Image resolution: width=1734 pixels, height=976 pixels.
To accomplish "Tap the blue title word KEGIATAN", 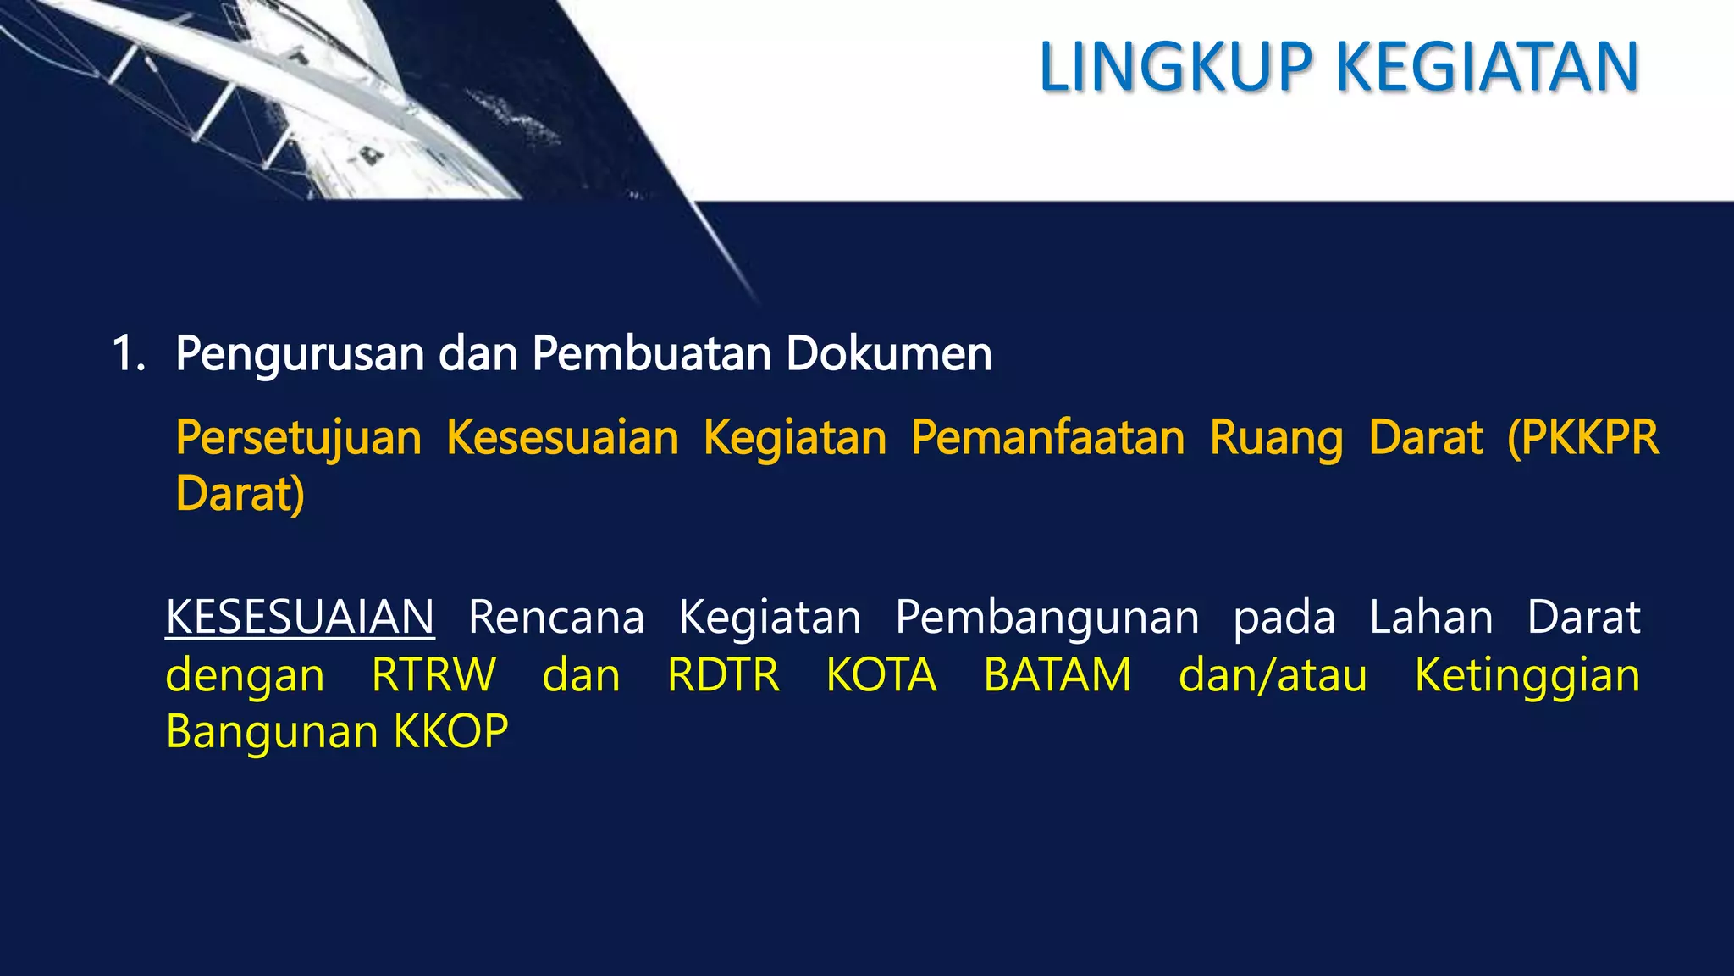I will (1488, 67).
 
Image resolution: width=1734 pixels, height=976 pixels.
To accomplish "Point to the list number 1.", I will (127, 354).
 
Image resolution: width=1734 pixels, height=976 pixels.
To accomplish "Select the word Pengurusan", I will (300, 354).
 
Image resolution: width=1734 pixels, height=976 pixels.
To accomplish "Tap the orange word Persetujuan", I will (298, 439).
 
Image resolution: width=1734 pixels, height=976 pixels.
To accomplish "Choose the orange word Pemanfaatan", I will (1048, 437).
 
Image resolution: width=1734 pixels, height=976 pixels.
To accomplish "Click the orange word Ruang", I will (1276, 439).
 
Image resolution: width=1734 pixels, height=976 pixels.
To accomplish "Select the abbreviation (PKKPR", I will (1582, 437).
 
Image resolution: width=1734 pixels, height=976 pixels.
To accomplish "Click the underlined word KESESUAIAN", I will (300, 617).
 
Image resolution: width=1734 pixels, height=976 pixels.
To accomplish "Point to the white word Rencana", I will (556, 617).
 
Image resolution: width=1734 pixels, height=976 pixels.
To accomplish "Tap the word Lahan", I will (1431, 617).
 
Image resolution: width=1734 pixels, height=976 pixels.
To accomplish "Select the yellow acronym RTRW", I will (433, 675).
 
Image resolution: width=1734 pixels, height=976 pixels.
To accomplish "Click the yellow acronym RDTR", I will (723, 675).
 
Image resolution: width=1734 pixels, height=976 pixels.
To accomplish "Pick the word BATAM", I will (1058, 675).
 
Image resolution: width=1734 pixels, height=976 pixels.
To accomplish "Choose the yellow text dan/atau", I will (1273, 675).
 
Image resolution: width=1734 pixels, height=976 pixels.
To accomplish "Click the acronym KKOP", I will (450, 731).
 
